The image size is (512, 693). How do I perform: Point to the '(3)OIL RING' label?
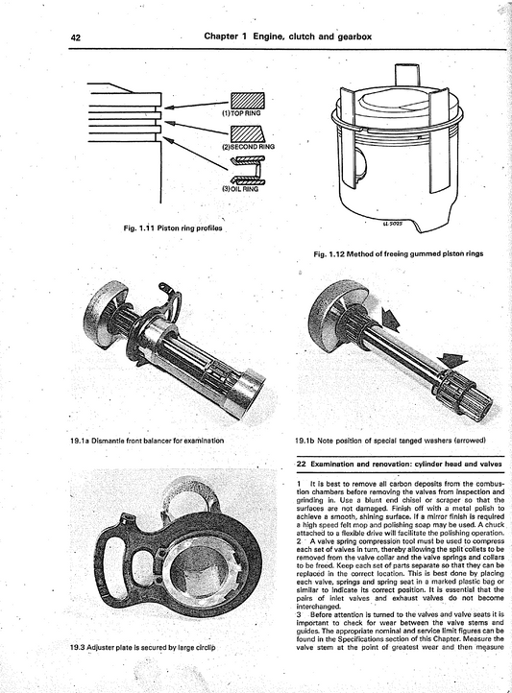click(235, 189)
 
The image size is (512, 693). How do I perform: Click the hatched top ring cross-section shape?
click(246, 101)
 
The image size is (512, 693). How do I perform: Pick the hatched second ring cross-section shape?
click(246, 133)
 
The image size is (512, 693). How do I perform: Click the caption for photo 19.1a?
click(146, 441)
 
